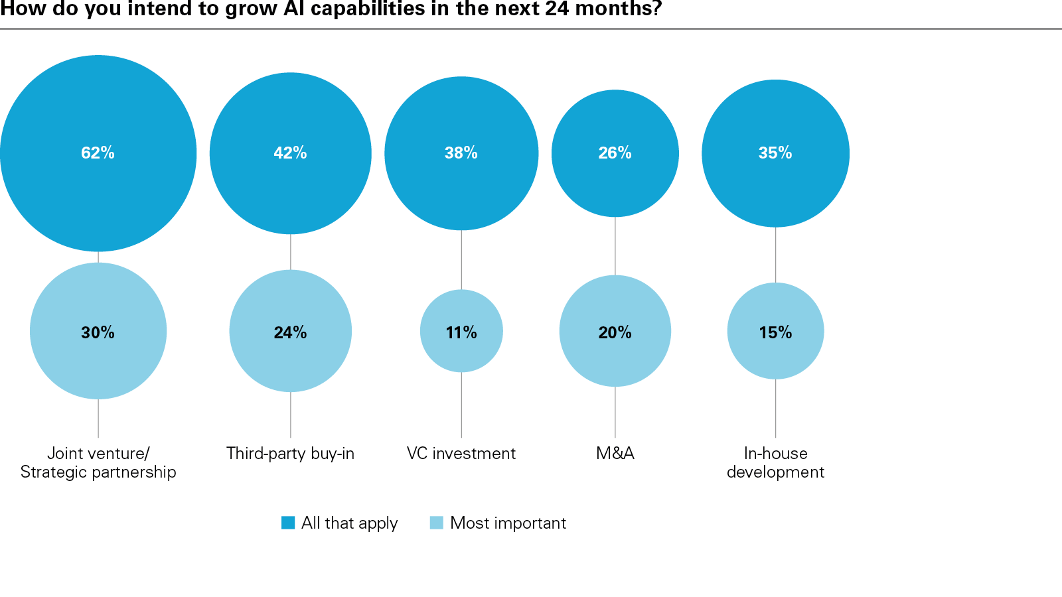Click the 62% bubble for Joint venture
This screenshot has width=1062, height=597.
click(x=98, y=153)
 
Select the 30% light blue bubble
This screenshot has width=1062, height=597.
click(x=98, y=331)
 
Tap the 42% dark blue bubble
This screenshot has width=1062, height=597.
click(x=290, y=153)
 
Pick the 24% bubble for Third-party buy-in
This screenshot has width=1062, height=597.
click(x=290, y=331)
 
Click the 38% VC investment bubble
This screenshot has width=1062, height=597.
click(x=461, y=153)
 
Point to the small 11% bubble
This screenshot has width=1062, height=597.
click(x=461, y=331)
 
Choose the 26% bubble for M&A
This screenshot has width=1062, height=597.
click(x=615, y=153)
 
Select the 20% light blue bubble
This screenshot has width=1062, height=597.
click(x=615, y=331)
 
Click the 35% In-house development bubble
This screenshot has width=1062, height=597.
click(x=775, y=153)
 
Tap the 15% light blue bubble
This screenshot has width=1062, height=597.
click(x=775, y=331)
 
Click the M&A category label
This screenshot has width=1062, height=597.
click(x=615, y=454)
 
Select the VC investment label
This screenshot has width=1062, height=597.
click(x=461, y=454)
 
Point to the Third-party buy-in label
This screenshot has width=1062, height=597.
click(x=290, y=454)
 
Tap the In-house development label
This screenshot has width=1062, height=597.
click(x=775, y=463)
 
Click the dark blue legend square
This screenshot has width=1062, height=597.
click(x=288, y=523)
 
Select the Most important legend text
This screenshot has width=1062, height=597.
click(x=508, y=523)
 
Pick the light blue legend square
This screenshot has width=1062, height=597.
click(x=436, y=523)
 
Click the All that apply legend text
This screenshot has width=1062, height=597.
click(x=349, y=523)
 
